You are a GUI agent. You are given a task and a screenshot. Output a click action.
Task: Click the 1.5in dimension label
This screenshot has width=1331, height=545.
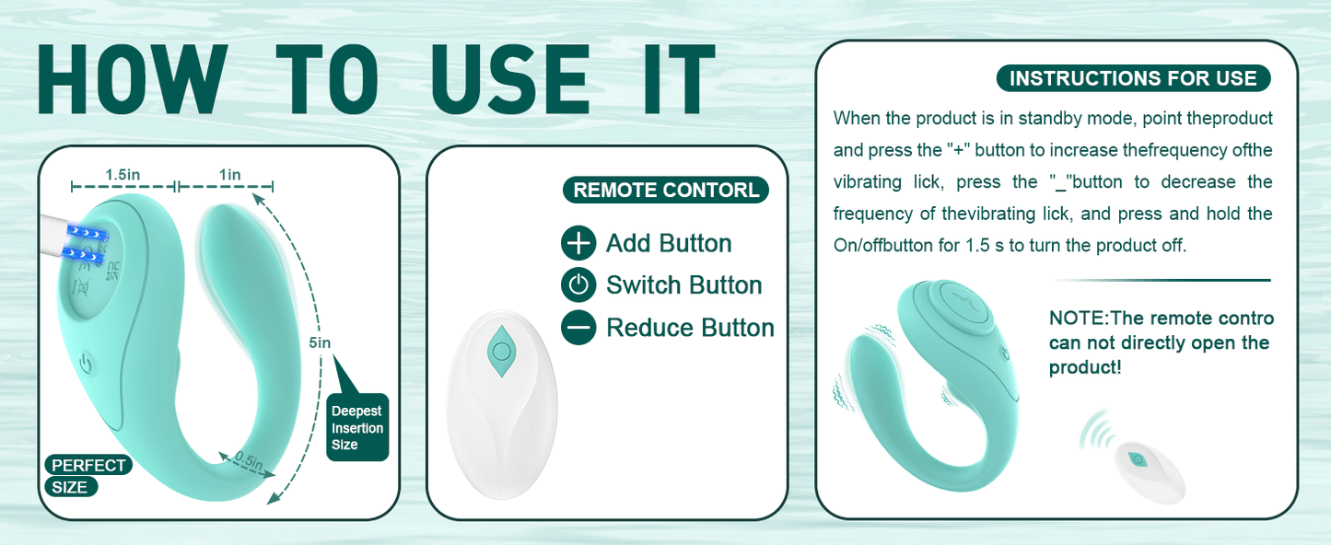(x=122, y=175)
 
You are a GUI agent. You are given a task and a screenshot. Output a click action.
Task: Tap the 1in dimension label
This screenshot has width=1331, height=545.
(x=229, y=175)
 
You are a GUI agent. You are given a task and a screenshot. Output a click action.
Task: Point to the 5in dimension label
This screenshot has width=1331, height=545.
(x=320, y=343)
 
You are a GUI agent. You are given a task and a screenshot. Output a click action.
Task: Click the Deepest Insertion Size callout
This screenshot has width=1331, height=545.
(x=357, y=427)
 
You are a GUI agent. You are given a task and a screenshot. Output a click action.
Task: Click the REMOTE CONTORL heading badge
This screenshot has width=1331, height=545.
(x=665, y=191)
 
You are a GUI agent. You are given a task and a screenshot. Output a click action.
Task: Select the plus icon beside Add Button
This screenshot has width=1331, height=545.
(x=578, y=243)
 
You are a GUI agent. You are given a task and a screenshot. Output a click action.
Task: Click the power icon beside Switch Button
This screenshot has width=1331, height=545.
(x=578, y=285)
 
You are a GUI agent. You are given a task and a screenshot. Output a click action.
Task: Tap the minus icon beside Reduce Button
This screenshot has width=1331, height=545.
(x=578, y=328)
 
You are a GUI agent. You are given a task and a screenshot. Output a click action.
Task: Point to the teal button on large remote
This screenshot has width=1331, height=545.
(x=501, y=351)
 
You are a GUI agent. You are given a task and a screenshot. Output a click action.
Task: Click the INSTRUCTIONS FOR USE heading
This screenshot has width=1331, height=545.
(x=1133, y=78)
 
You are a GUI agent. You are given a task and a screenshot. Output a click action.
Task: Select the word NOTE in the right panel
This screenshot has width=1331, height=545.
(x=1077, y=319)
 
